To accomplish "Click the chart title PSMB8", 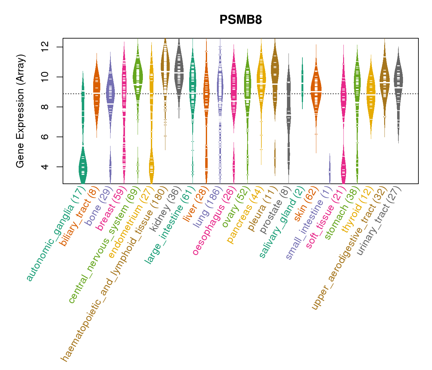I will (x=241, y=20).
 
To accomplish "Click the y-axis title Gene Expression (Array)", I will (x=20, y=111).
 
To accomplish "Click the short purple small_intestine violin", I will (x=330, y=170).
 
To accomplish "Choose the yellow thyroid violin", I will (x=371, y=92).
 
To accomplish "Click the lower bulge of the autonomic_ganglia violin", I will (x=83, y=168).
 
